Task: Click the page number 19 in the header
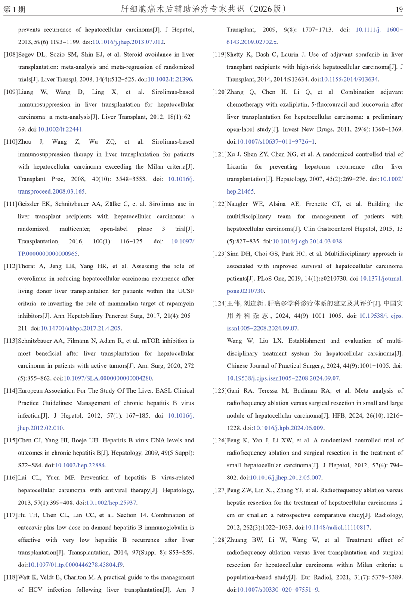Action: pos(399,9)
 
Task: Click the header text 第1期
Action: pos(15,9)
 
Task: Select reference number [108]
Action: pos(10,55)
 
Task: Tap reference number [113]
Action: pos(10,341)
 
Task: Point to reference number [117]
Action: pos(10,515)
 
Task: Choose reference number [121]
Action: pos(219,154)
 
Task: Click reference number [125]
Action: pos(219,391)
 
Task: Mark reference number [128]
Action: pos(219,540)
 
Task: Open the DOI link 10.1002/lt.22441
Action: pos(60,129)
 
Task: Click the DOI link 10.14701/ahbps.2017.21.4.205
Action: pos(80,329)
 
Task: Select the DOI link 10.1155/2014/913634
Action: pos(349,80)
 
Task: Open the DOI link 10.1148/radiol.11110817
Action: pos(337,528)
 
